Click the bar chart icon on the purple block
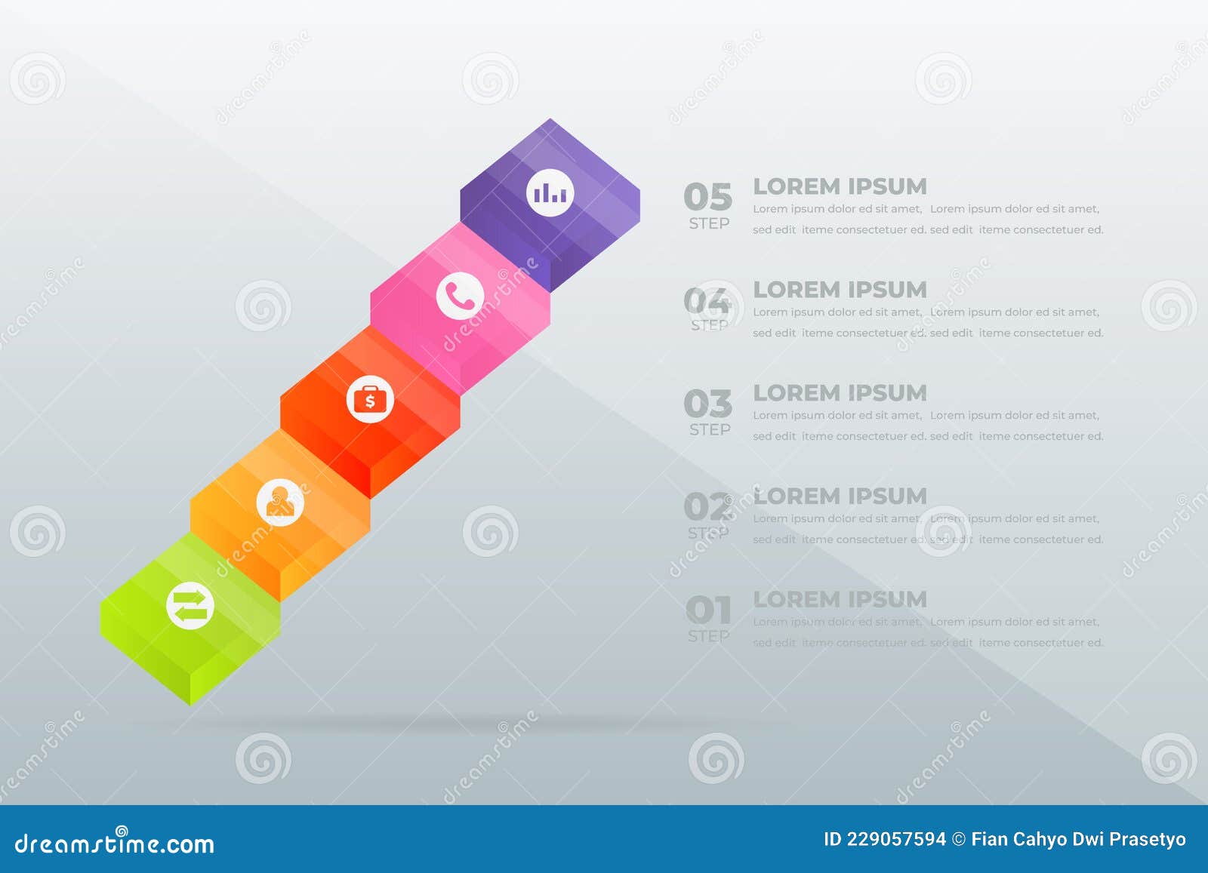pyautogui.click(x=550, y=193)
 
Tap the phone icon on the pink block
pyautogui.click(x=460, y=296)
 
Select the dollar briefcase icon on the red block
pyautogui.click(x=370, y=399)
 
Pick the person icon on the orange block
pyautogui.click(x=280, y=502)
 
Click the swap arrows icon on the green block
pyautogui.click(x=190, y=605)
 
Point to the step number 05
pyautogui.click(x=708, y=197)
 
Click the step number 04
pyautogui.click(x=707, y=300)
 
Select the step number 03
pyautogui.click(x=708, y=404)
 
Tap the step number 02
pyautogui.click(x=707, y=507)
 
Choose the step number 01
pyautogui.click(x=708, y=610)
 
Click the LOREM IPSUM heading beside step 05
pyautogui.click(x=840, y=186)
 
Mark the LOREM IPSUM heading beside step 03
pyautogui.click(x=840, y=393)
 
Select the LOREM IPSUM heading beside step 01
pyautogui.click(x=840, y=600)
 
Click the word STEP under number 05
pyautogui.click(x=709, y=223)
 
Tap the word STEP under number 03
pyautogui.click(x=710, y=429)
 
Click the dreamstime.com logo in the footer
pyautogui.click(x=115, y=843)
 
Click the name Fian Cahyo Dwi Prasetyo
pyautogui.click(x=1078, y=839)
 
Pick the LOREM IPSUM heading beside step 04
pyautogui.click(x=840, y=290)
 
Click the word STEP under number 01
pyautogui.click(x=708, y=636)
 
